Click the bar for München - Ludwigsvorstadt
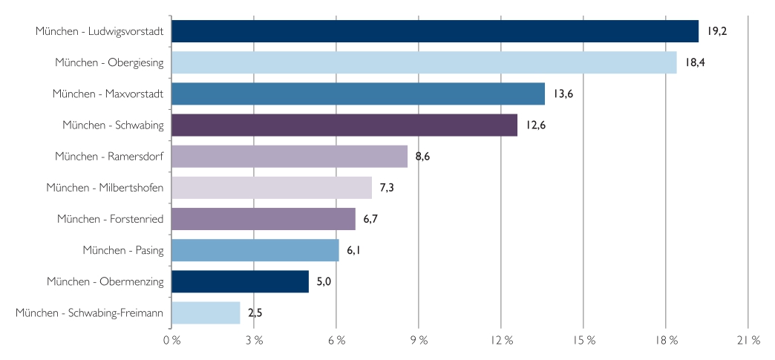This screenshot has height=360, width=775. pos(434,31)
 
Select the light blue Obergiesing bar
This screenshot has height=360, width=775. pos(424,62)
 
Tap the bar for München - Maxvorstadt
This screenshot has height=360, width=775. pos(358,94)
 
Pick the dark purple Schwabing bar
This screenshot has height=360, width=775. pos(344,125)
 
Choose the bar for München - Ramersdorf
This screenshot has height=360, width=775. pos(290,157)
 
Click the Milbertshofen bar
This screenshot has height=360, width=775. pos(272,188)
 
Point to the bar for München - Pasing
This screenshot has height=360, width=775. pos(255,250)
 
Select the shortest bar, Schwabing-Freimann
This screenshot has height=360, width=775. pos(206,312)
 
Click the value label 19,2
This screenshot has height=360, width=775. pos(718,31)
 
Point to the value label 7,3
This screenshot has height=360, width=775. pos(387,188)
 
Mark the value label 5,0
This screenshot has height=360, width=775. pos(324,281)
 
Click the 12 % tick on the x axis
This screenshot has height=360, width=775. pos(502,340)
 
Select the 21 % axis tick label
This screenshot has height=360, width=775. pos(748,340)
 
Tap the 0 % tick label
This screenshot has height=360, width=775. pos(171,340)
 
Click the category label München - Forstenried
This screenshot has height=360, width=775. pos(110,219)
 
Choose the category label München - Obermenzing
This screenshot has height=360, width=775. pos(105,281)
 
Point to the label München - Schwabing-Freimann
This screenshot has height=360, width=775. pos(89,312)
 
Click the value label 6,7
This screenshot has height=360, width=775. pos(370,219)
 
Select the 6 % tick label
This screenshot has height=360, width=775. pos(336,340)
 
